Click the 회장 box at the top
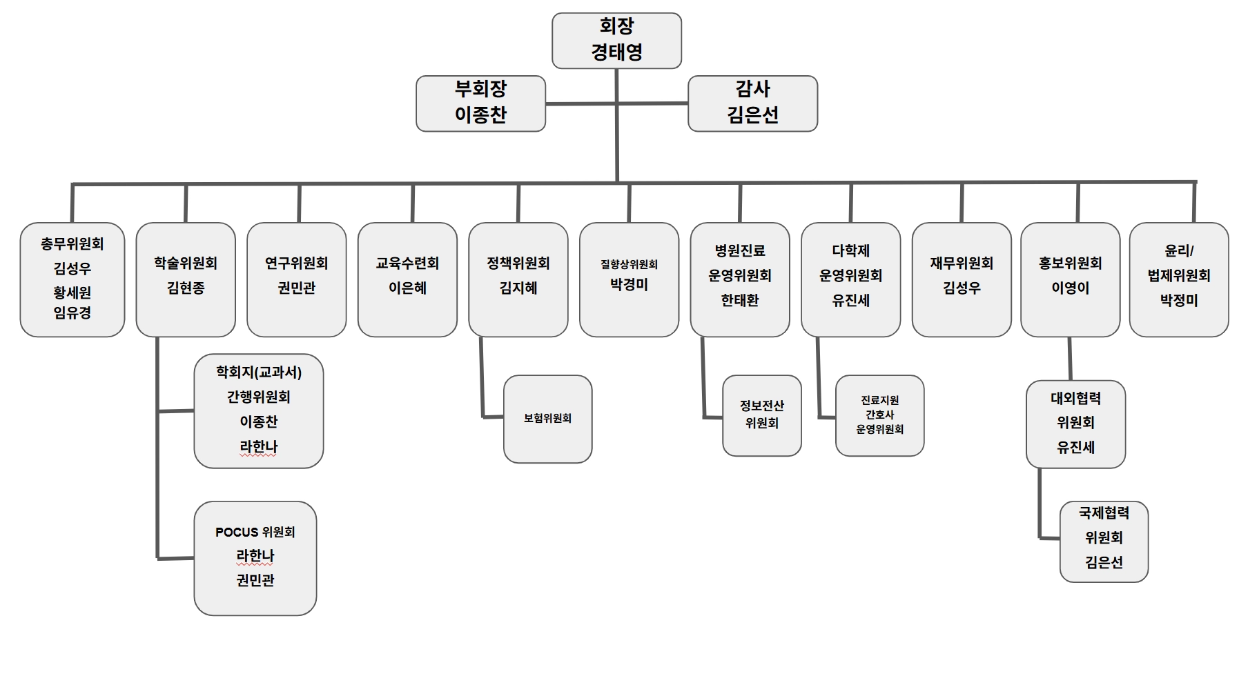click(616, 40)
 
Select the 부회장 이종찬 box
click(480, 103)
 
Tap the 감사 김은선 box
click(752, 103)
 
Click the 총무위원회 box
click(72, 279)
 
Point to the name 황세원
click(72, 292)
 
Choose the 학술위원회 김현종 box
click(186, 279)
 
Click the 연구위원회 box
click(297, 279)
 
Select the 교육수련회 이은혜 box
click(407, 279)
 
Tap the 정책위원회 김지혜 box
click(518, 279)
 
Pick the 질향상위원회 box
click(629, 279)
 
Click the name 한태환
click(740, 300)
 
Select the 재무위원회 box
click(962, 279)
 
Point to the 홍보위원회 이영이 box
click(1070, 279)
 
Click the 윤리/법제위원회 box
click(1179, 279)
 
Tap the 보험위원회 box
click(548, 419)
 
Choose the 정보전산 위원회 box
click(762, 415)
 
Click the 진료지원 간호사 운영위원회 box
click(879, 415)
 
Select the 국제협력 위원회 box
click(1104, 541)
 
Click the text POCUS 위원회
click(255, 532)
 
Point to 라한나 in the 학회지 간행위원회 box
click(259, 446)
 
